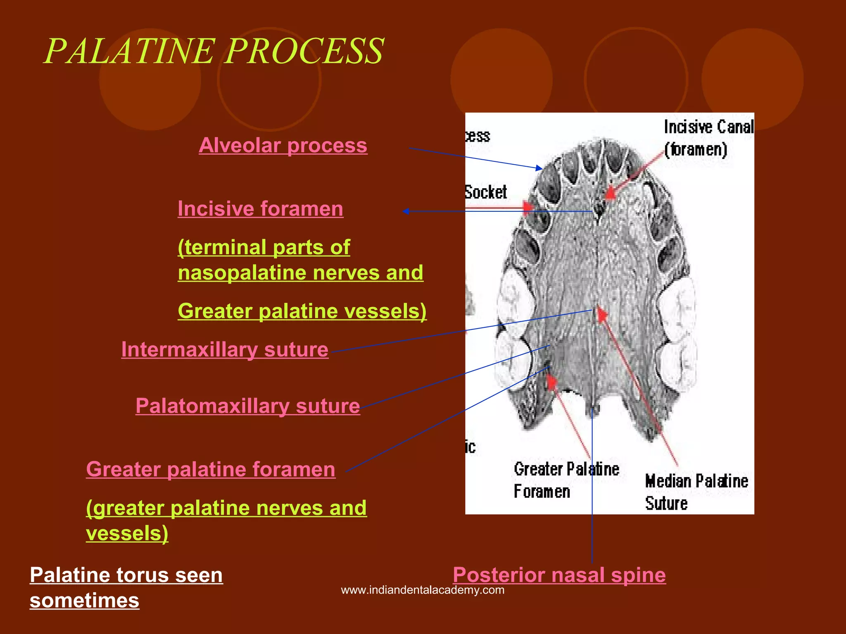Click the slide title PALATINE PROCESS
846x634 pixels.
click(214, 51)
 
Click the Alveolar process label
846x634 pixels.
click(283, 146)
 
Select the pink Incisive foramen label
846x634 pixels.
click(260, 209)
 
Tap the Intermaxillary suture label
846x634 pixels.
click(225, 350)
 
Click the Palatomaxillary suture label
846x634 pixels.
click(248, 406)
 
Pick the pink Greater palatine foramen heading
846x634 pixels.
click(211, 469)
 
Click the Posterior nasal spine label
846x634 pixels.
click(559, 575)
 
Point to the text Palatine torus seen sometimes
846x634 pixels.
click(126, 587)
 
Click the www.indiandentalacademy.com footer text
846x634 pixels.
click(423, 590)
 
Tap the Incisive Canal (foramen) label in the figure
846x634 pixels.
click(708, 138)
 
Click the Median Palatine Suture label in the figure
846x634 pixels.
click(696, 492)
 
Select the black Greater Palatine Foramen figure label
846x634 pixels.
click(566, 480)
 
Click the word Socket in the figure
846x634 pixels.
click(486, 192)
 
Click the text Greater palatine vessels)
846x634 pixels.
click(302, 311)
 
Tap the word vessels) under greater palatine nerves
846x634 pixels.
click(127, 533)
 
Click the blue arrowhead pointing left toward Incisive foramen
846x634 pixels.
click(406, 211)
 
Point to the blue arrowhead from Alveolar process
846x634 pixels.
click(539, 168)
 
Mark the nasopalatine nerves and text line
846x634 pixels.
click(300, 273)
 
